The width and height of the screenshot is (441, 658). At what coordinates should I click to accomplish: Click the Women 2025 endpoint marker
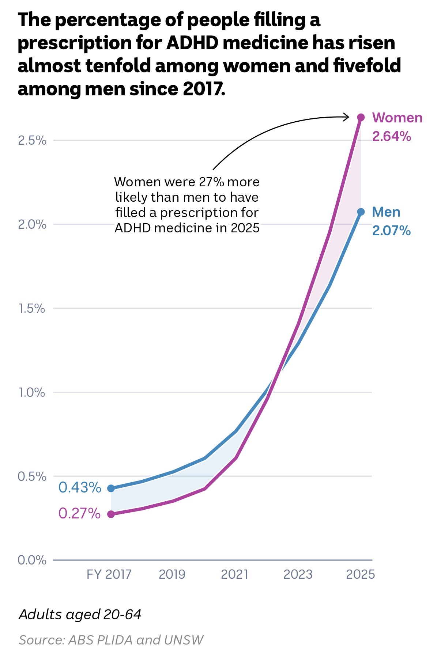click(x=361, y=117)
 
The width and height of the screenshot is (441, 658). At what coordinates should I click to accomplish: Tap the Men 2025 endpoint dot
click(x=361, y=212)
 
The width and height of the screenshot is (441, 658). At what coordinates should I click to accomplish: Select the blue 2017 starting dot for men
click(x=111, y=488)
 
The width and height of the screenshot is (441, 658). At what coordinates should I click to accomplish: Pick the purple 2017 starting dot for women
click(x=111, y=514)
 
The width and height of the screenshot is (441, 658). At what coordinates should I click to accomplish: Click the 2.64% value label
click(x=391, y=137)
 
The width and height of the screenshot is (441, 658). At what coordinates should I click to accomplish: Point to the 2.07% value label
click(x=391, y=231)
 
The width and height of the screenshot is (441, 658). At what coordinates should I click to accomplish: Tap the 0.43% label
click(x=80, y=487)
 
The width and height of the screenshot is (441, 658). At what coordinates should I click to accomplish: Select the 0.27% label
click(x=79, y=513)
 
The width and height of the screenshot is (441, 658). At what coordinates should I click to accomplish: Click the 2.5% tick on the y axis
click(x=32, y=140)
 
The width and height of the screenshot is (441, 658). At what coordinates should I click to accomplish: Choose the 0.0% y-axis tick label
click(x=32, y=560)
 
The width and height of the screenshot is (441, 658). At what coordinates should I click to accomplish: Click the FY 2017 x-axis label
click(x=109, y=575)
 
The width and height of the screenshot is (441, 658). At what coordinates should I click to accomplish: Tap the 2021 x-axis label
click(x=234, y=575)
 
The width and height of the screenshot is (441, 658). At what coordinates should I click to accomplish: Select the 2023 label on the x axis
click(x=298, y=575)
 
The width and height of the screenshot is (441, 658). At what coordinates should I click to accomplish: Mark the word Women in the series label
click(x=397, y=118)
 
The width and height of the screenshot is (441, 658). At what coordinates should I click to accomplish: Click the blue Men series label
click(x=386, y=212)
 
